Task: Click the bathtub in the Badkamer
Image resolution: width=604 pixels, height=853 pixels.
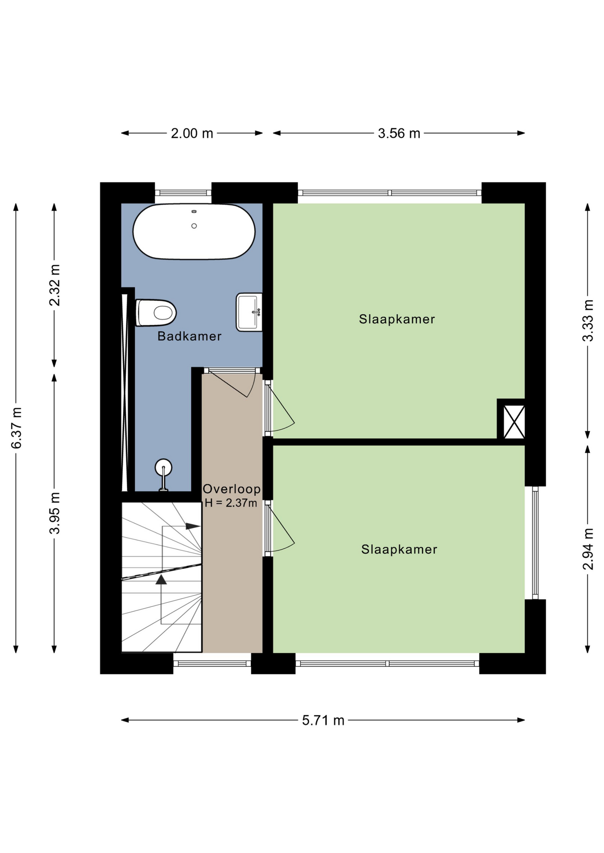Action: tap(194, 231)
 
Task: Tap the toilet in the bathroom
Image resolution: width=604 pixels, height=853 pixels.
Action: tap(156, 313)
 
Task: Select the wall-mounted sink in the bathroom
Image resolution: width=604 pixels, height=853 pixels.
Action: tap(249, 312)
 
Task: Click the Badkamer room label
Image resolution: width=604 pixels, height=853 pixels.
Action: tap(189, 336)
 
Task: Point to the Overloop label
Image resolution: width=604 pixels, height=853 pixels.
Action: tap(232, 489)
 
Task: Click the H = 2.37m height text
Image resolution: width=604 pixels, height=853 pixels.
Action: tap(231, 503)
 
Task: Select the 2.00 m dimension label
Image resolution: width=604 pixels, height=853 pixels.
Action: tap(192, 133)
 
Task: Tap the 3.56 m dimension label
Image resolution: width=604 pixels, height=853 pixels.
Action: tap(399, 133)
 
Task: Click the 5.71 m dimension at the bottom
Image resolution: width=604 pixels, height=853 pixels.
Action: tap(323, 720)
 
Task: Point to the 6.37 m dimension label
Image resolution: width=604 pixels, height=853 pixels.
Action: tap(16, 428)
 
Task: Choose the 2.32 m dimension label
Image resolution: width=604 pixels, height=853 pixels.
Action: tap(55, 285)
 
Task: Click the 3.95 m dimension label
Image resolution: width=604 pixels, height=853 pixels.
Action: tap(55, 513)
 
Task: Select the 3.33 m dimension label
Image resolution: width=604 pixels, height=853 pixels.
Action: tap(588, 321)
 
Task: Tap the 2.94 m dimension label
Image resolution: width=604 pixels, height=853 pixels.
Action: tap(588, 549)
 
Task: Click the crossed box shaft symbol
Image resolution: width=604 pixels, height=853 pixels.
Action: tap(514, 421)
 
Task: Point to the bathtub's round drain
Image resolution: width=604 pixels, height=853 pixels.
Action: tap(194, 226)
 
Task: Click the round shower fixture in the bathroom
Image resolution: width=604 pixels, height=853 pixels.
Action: tap(164, 467)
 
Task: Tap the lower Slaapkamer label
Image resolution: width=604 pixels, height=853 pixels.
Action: tap(399, 550)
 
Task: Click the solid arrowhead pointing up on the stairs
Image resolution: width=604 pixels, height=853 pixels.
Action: tap(161, 579)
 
